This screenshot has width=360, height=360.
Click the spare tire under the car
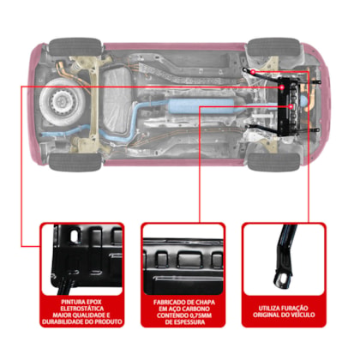click(62, 102)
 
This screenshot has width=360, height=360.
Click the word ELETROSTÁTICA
click(82, 309)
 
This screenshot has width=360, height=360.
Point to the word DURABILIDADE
click(63, 321)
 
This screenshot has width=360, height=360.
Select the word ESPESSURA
click(189, 322)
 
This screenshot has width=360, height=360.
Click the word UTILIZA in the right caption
click(269, 309)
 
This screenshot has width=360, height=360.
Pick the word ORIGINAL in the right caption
click(266, 315)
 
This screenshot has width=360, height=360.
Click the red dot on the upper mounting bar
click(253, 71)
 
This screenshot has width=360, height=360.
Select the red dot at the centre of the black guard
click(291, 106)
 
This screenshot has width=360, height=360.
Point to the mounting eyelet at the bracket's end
click(282, 279)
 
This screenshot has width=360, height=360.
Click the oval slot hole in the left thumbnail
click(75, 236)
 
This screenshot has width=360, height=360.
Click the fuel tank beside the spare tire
click(117, 100)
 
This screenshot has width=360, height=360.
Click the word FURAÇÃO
click(294, 309)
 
